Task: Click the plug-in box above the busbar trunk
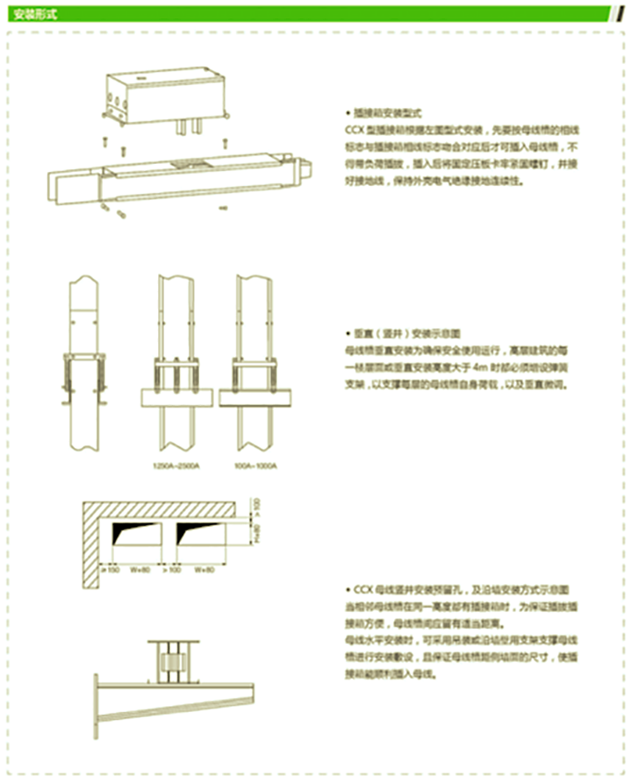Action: (162, 93)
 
